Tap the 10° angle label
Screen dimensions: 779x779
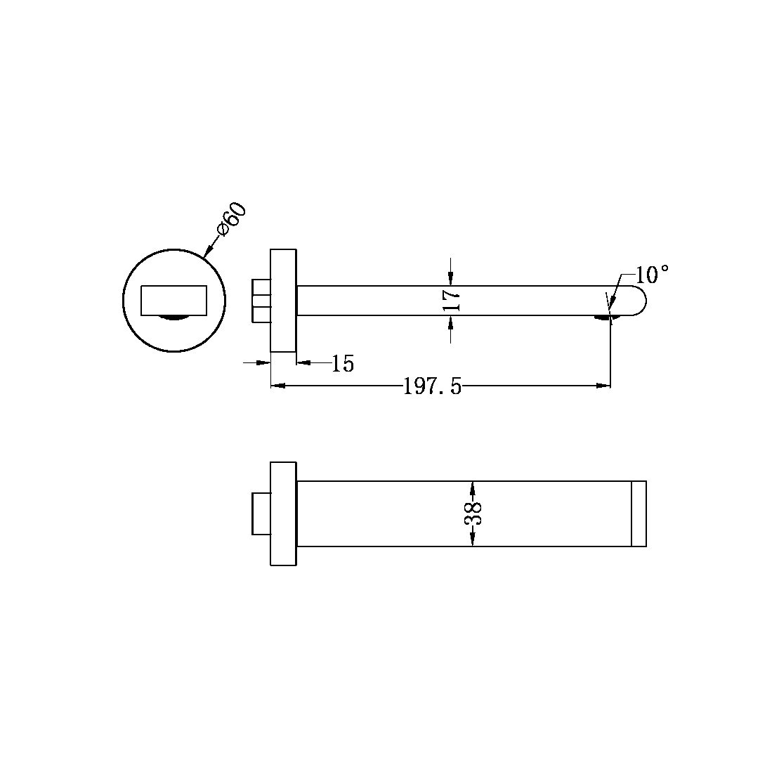[652, 275]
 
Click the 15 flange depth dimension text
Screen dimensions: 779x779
[343, 364]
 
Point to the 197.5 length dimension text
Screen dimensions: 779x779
[432, 386]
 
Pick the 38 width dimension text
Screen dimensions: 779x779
[473, 513]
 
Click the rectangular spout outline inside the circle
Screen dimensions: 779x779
[174, 300]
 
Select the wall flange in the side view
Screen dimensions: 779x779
[284, 300]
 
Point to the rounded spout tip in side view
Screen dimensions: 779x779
[636, 301]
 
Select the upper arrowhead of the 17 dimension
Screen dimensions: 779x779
[450, 280]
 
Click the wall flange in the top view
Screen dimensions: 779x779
[284, 513]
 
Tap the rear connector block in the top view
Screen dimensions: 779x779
[261, 513]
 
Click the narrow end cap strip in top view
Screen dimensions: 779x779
[639, 513]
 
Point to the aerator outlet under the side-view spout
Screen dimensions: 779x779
[603, 318]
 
